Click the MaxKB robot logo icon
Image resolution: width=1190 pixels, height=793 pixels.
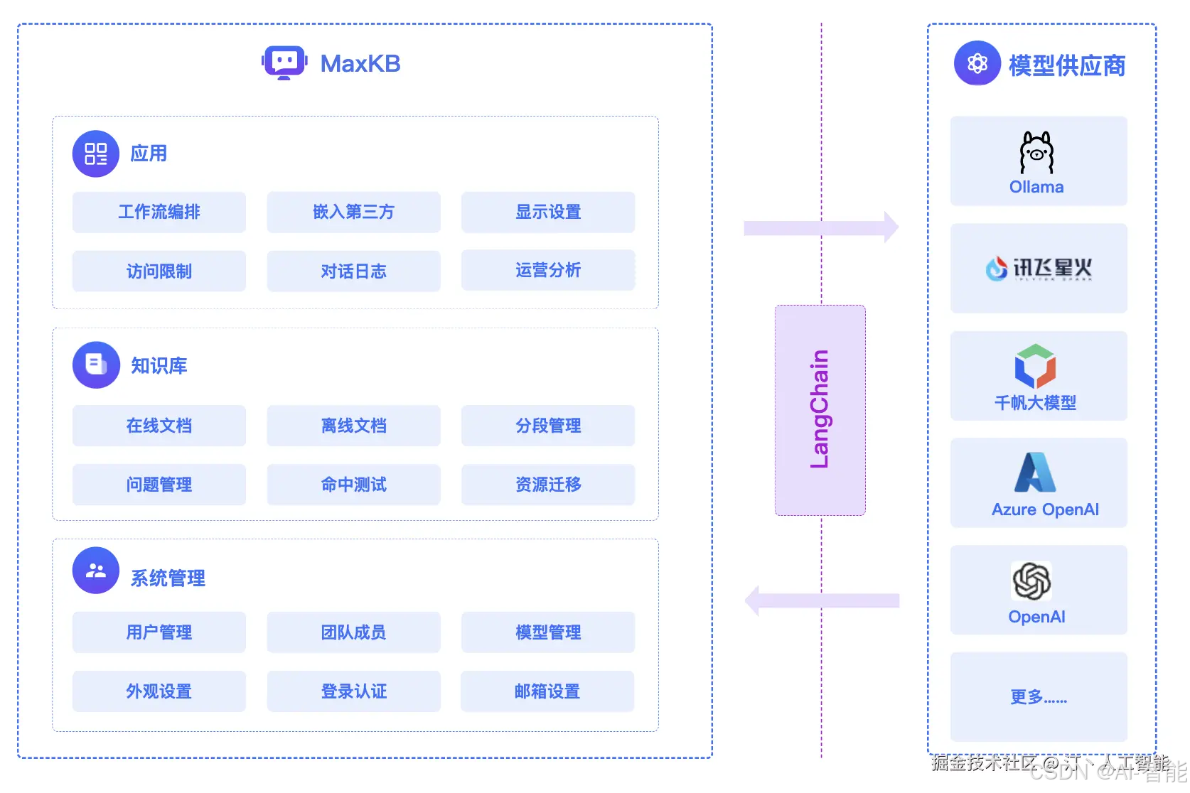(284, 63)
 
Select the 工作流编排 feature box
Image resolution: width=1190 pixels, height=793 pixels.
(159, 212)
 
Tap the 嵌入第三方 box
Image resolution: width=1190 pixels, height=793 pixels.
(353, 212)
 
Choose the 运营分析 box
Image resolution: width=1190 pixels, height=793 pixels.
(548, 270)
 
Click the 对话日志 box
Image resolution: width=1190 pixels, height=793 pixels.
(353, 271)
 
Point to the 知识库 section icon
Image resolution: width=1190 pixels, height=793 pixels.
(96, 365)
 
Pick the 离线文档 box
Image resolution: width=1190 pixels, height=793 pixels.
(353, 426)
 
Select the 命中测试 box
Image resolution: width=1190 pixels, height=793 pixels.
(353, 485)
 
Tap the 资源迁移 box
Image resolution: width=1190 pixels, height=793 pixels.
(548, 485)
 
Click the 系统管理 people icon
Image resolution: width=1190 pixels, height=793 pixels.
(96, 571)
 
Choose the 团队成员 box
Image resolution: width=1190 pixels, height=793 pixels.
(353, 632)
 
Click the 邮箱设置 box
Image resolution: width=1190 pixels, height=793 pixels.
(547, 691)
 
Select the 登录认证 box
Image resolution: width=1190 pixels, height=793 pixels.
(353, 691)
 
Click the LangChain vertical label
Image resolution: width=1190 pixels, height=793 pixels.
(820, 409)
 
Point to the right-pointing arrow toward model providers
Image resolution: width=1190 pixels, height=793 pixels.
(821, 227)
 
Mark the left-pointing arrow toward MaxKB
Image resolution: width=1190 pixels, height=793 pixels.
(821, 601)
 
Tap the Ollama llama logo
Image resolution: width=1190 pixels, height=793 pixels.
(1036, 152)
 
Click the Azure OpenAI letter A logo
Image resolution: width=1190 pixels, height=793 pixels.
(1035, 473)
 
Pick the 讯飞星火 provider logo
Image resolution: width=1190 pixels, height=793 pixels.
(1039, 269)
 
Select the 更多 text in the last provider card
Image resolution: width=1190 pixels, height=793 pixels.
(1039, 697)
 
